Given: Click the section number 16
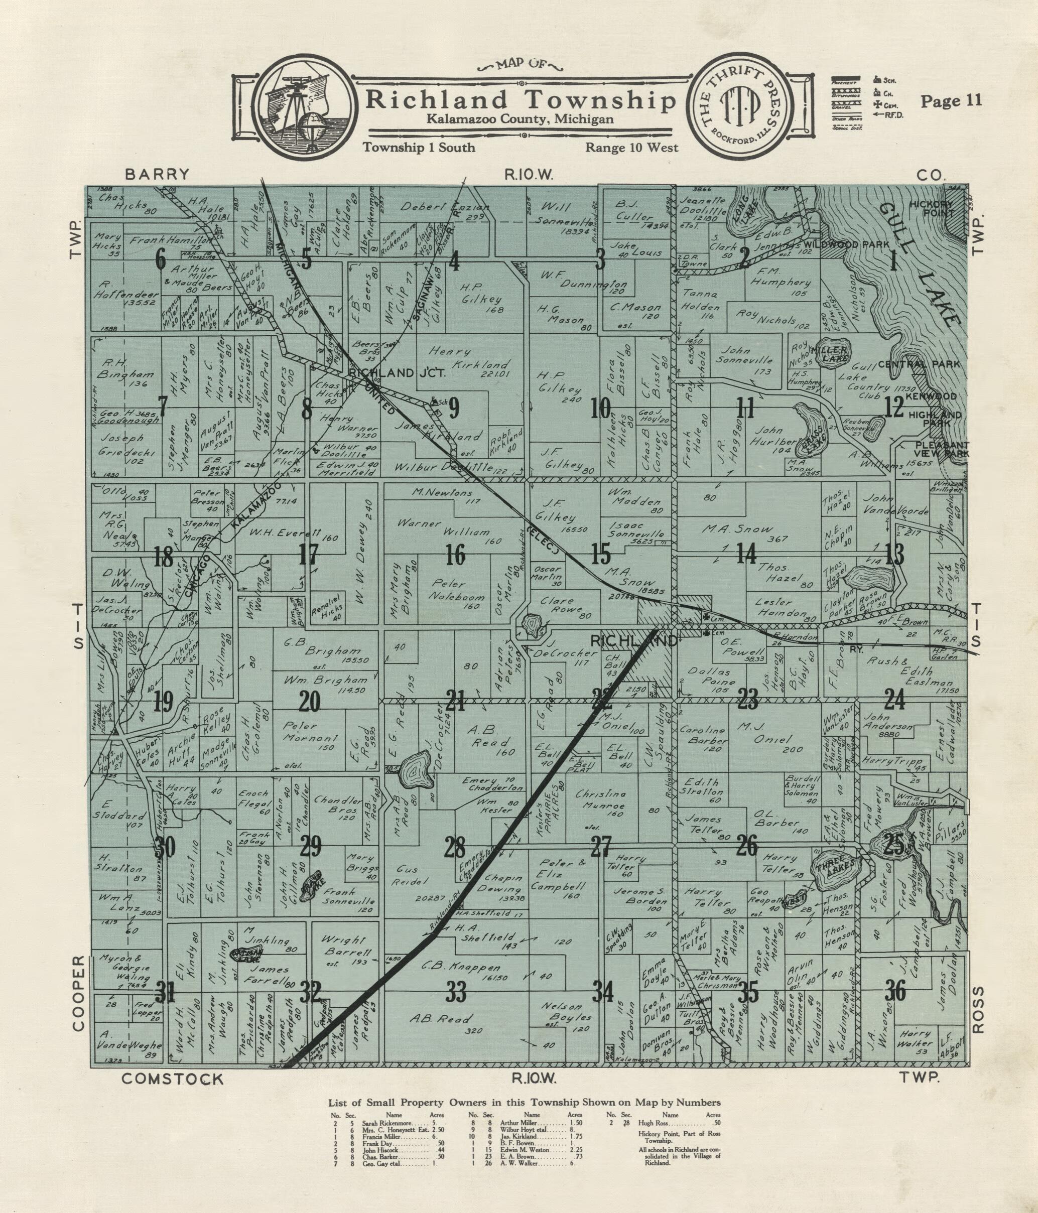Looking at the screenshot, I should (x=455, y=555).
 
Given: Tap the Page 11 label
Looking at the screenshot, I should (x=951, y=101).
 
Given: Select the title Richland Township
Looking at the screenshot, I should (x=520, y=101).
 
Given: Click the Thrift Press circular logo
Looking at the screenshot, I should (x=743, y=108).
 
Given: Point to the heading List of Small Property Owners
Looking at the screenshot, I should (x=525, y=1103).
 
